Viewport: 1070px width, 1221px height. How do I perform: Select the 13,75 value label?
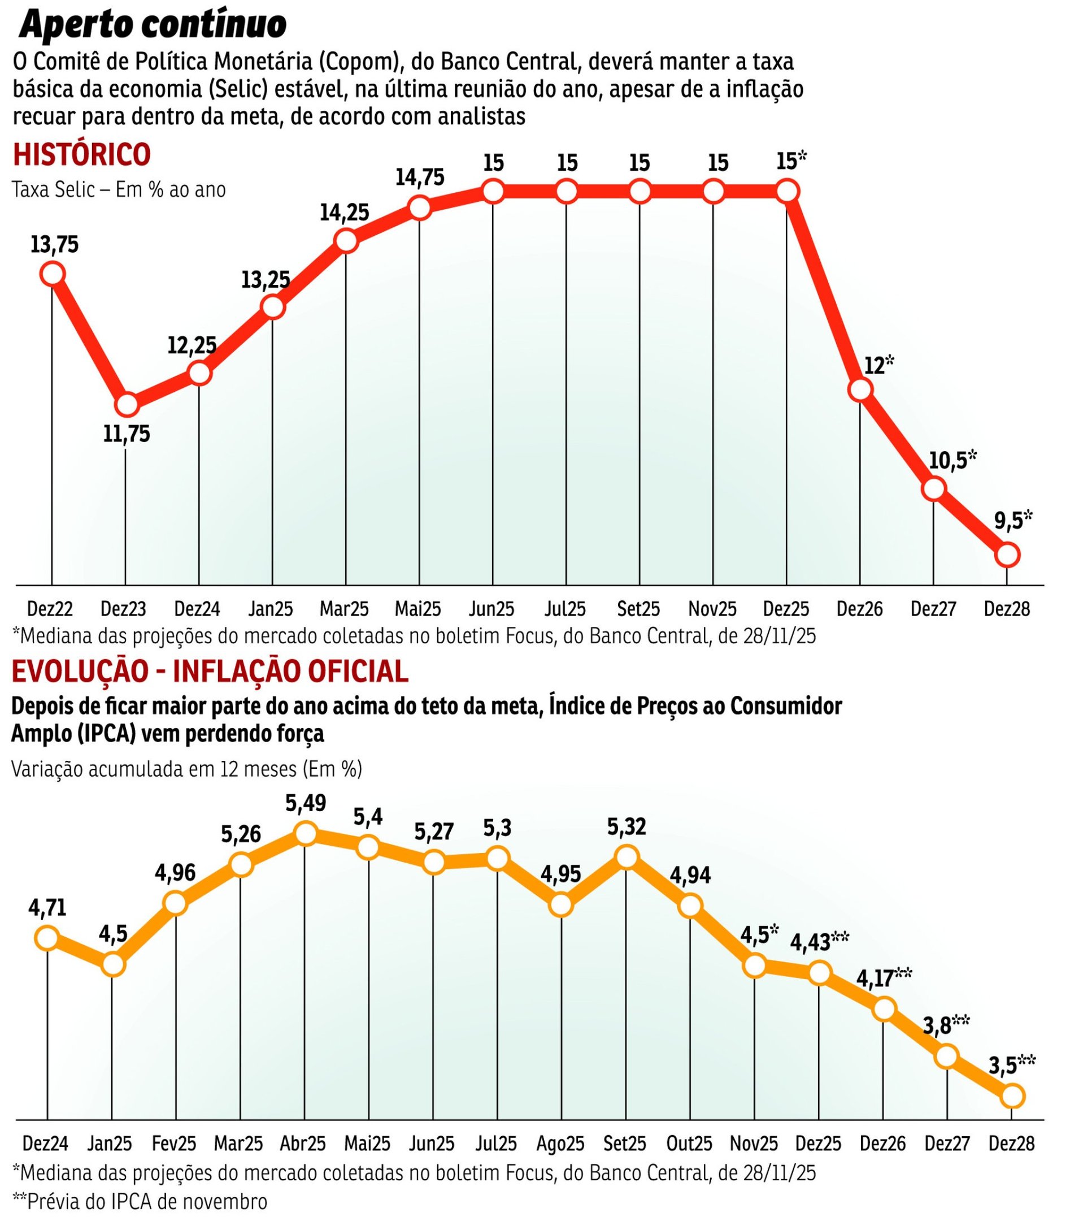click(x=54, y=245)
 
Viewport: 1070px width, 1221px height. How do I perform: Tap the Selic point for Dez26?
click(x=860, y=389)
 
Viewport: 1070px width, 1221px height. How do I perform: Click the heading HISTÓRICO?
click(x=82, y=154)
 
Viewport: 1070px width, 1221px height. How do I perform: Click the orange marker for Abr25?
click(x=305, y=833)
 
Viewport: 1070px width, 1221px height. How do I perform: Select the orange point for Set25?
click(x=627, y=857)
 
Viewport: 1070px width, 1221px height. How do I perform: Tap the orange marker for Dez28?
click(x=1012, y=1096)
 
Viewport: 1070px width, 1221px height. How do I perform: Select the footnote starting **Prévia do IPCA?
click(x=140, y=1201)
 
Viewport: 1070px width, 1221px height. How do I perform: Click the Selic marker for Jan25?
click(x=272, y=307)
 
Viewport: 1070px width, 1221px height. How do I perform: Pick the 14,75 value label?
click(x=420, y=177)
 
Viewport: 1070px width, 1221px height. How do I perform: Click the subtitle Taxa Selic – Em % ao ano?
click(x=119, y=190)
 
